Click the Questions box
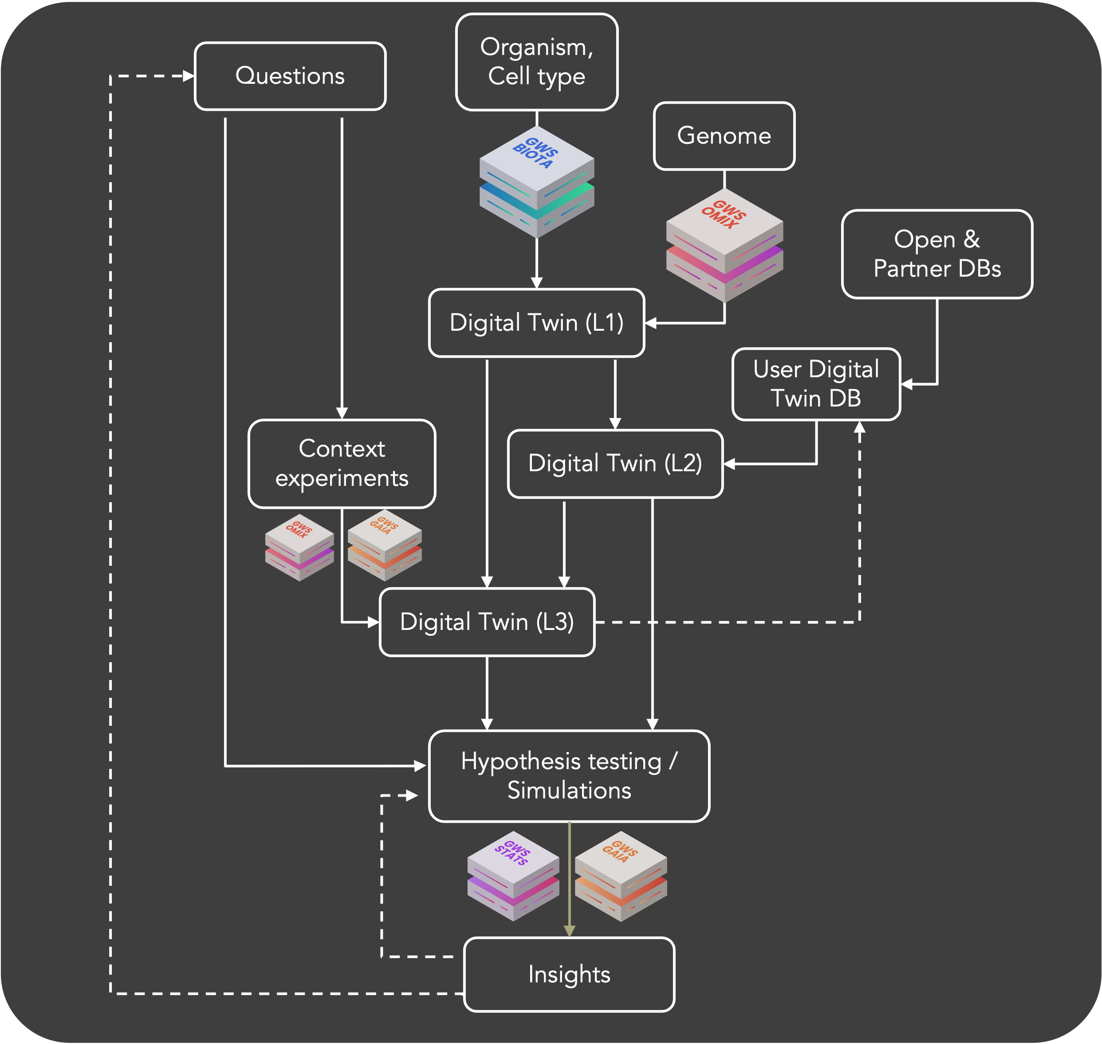tap(290, 76)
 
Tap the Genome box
tap(724, 136)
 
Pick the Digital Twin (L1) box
tap(536, 323)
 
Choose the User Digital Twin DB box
tap(816, 384)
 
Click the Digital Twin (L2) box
tap(615, 464)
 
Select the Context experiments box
tap(341, 464)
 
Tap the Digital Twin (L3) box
tap(487, 622)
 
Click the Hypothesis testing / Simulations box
tap(569, 776)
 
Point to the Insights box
tap(569, 974)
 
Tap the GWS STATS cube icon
tap(513, 876)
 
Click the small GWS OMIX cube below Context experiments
tap(299, 547)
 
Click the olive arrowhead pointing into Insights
tap(569, 931)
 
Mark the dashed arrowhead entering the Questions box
tap(188, 76)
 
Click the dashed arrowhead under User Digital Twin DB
tap(859, 427)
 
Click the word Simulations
tap(569, 791)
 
